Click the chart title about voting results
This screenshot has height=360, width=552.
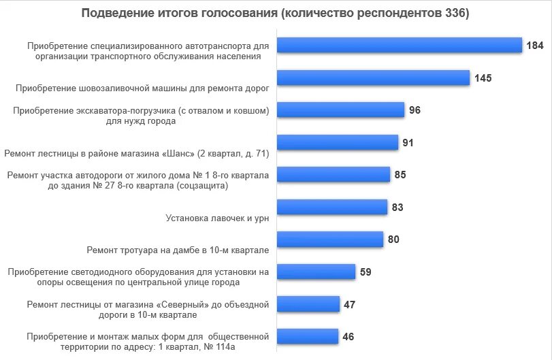pos(275,14)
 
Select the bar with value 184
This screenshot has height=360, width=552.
pos(400,45)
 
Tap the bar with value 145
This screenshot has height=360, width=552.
pos(373,78)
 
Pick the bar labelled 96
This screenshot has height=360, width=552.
pos(340,110)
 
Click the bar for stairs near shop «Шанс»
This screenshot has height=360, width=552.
pos(338,142)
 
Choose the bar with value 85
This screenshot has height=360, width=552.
pos(334,174)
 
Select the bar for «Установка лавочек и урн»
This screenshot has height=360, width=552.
pos(332,207)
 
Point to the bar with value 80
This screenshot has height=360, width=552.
pos(330,239)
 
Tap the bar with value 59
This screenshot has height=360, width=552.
pos(316,272)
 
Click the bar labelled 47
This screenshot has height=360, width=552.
pos(308,304)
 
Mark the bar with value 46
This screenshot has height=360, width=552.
pos(308,336)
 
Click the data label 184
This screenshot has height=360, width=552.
pos(534,46)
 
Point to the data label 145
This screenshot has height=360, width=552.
pos(483,78)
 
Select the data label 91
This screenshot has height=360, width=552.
pos(408,143)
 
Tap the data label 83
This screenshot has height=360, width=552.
pos(398,208)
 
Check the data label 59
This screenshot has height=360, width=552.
pos(366,272)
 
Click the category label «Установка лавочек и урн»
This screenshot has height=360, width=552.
pos(217,218)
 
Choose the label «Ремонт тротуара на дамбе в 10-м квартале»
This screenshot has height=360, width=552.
pos(178,250)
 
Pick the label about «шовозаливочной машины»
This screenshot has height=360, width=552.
pos(142,88)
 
